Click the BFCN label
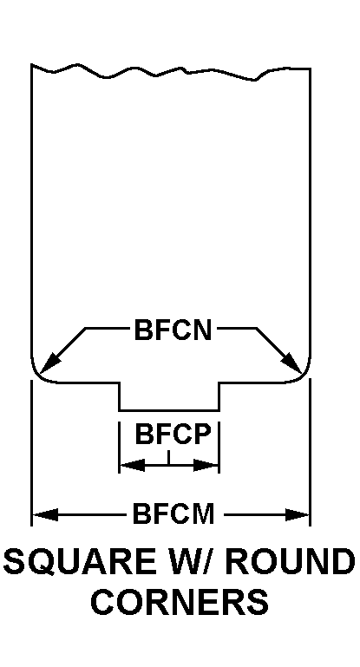(173, 330)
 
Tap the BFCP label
(173, 434)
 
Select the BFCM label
(173, 513)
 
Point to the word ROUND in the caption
(291, 561)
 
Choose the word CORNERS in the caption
(180, 601)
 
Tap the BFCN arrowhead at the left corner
(49, 363)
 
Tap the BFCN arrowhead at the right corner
(292, 363)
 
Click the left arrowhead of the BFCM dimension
(45, 514)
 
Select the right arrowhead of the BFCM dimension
(297, 514)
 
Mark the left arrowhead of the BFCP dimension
(133, 465)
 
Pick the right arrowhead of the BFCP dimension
(206, 465)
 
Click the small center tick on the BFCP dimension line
(169, 457)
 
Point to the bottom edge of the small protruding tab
(169, 410)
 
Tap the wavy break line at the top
(170, 71)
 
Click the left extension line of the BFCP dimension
(119, 447)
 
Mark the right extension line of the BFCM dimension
(310, 452)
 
